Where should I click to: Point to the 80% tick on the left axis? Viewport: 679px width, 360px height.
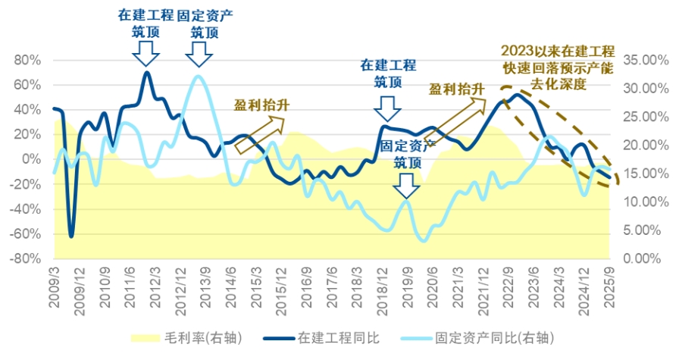[27, 60]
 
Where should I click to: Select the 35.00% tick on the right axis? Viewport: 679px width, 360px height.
[643, 60]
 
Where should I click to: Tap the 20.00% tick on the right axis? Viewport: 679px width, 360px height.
[643, 145]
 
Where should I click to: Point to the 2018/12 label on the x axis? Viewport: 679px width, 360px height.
[383, 286]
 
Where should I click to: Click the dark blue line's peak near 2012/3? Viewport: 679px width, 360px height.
[146, 72]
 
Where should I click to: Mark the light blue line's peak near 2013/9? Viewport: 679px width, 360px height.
[199, 76]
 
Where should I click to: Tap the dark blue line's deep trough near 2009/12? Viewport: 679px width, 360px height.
[71, 236]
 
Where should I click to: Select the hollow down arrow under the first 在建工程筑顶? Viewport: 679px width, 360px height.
[145, 52]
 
